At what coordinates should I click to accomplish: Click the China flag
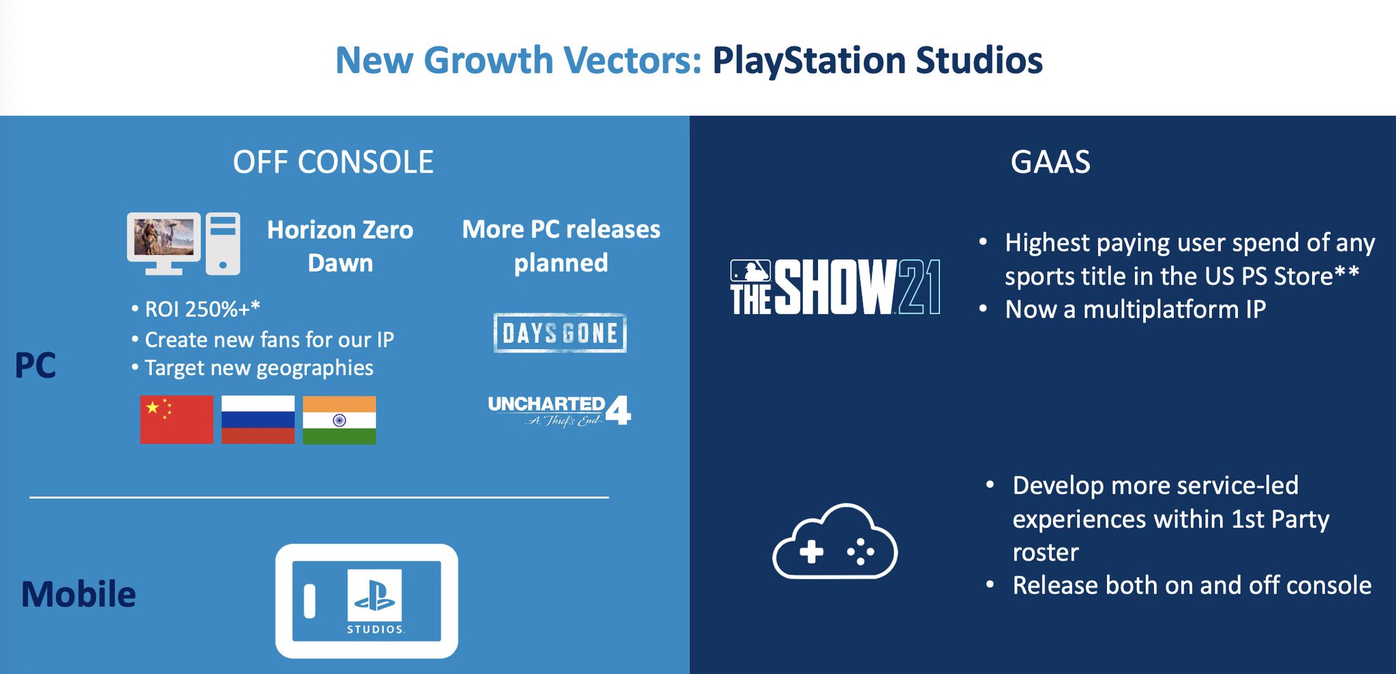(177, 420)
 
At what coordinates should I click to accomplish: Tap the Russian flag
(258, 420)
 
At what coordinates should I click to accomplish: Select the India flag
(339, 420)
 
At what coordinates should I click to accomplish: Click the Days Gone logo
(560, 333)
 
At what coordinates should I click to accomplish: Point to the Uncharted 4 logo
(560, 411)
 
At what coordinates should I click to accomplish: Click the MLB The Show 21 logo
(835, 287)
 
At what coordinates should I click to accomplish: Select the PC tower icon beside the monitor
(223, 244)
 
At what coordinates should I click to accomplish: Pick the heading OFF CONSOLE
(333, 162)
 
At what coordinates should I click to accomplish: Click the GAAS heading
(1050, 162)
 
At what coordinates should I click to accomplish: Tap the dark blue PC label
(35, 366)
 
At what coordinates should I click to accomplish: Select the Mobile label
(78, 594)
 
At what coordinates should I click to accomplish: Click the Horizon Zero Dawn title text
(340, 246)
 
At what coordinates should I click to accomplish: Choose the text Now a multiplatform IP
(1136, 310)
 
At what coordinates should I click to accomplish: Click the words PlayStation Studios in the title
(877, 60)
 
